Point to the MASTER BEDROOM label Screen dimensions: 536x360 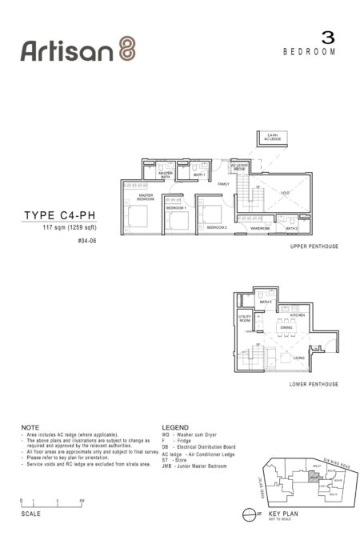(x=146, y=196)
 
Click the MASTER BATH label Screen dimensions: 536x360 (x=166, y=174)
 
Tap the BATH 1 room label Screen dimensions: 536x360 (x=199, y=174)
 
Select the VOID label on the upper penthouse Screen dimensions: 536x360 (x=285, y=193)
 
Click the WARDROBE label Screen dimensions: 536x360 (x=259, y=228)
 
